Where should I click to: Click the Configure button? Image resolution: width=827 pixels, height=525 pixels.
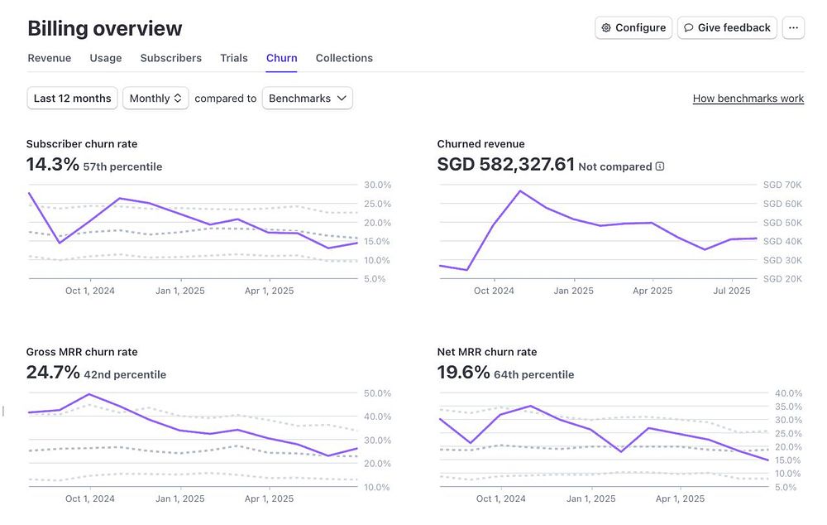click(x=633, y=27)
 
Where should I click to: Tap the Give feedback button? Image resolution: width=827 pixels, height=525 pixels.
click(x=727, y=27)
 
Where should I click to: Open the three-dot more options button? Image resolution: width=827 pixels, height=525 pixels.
click(x=793, y=27)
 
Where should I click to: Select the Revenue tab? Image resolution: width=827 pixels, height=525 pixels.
click(x=50, y=58)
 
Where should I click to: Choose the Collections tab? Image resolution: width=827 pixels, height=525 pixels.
click(x=344, y=58)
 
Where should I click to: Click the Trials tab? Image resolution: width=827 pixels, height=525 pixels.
click(x=234, y=58)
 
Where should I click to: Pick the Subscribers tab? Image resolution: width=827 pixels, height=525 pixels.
click(x=171, y=58)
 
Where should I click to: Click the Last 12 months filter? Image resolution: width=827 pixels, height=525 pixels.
click(x=73, y=98)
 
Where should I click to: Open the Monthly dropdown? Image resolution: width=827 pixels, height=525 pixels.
click(x=155, y=98)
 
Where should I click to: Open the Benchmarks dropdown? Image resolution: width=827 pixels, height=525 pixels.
click(x=308, y=98)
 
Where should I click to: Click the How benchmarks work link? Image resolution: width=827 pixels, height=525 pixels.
click(x=748, y=99)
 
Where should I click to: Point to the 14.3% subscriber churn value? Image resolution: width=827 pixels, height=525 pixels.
click(x=52, y=165)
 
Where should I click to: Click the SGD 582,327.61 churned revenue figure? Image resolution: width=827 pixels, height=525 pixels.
click(x=505, y=165)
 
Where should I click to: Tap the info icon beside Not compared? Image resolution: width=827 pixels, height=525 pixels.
click(x=660, y=166)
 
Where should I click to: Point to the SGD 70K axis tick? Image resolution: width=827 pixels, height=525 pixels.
click(x=783, y=185)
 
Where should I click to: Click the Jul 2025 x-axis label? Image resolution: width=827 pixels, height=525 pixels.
click(x=732, y=291)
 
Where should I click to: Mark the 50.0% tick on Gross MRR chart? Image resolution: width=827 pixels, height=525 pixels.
click(x=376, y=393)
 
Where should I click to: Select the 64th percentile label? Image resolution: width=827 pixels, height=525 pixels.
click(x=533, y=374)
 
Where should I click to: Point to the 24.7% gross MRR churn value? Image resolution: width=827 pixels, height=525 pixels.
click(x=53, y=373)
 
